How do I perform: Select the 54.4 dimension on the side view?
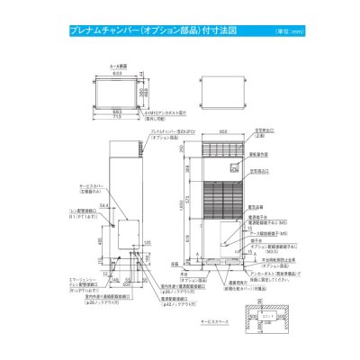(104, 205)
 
